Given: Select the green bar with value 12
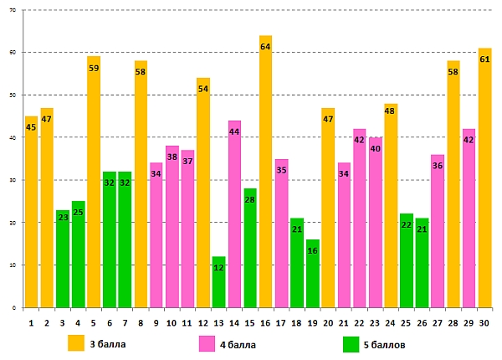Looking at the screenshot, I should click(218, 285).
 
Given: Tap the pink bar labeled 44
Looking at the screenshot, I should click(234, 218).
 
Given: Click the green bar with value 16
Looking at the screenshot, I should click(312, 276).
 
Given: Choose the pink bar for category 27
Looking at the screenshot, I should click(438, 234).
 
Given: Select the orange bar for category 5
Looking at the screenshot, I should click(94, 184).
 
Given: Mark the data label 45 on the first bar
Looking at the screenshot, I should click(31, 127).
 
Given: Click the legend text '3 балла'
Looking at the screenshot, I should click(114, 343).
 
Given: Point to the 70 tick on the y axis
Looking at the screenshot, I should click(13, 10).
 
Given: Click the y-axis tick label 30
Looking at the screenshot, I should click(13, 180).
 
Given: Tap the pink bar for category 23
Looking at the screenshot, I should click(375, 226).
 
